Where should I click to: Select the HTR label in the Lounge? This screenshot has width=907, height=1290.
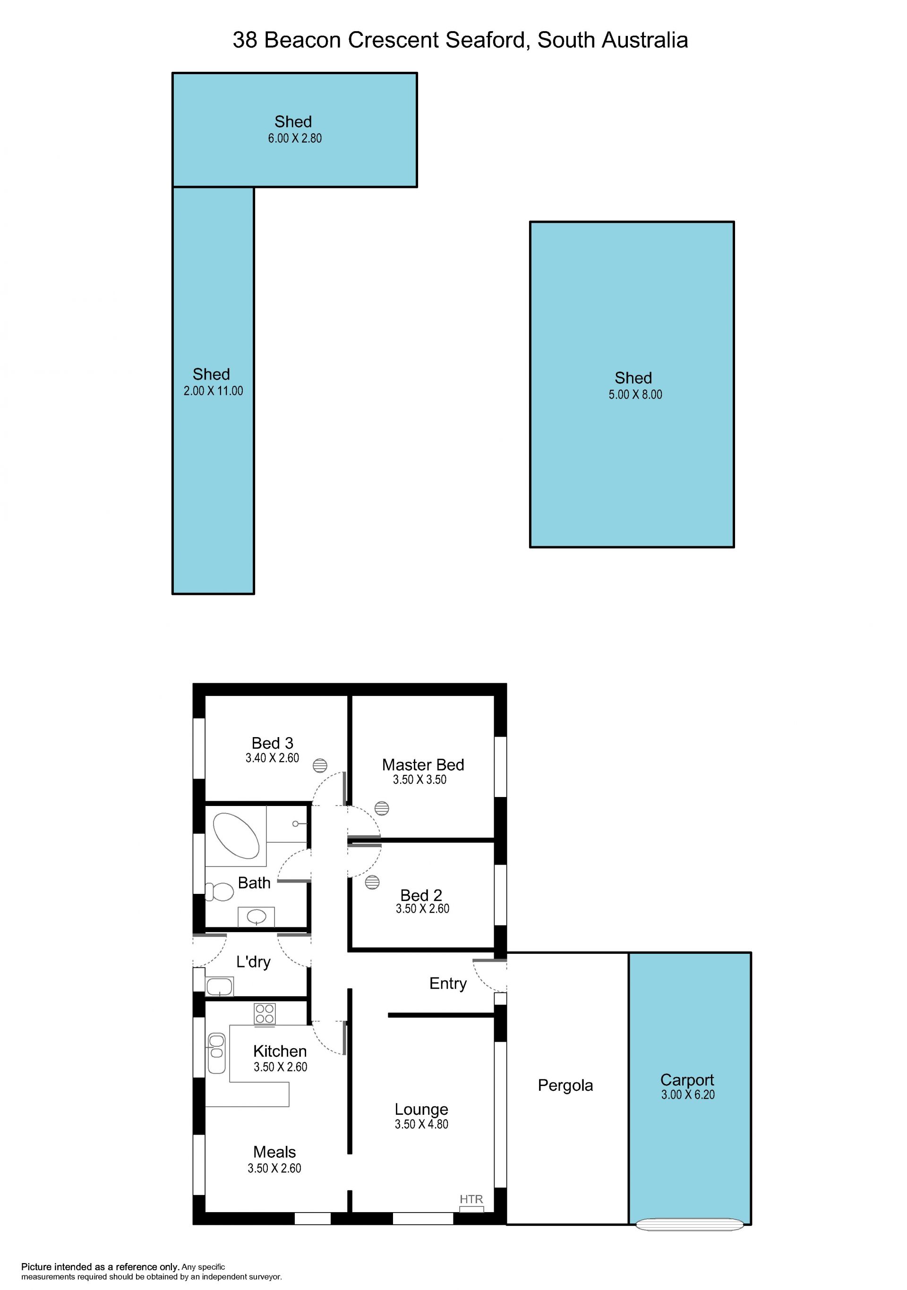pyautogui.click(x=471, y=1199)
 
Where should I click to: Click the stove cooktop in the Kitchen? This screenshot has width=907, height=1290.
pyautogui.click(x=265, y=1014)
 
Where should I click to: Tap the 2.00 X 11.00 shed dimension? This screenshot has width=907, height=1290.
pyautogui.click(x=213, y=391)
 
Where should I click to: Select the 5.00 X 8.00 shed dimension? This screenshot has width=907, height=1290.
pyautogui.click(x=635, y=395)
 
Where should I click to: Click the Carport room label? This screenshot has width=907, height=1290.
pyautogui.click(x=687, y=1080)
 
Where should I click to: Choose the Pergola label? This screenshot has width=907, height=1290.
pyautogui.click(x=565, y=1085)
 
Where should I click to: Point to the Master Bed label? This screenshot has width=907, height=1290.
pyautogui.click(x=423, y=764)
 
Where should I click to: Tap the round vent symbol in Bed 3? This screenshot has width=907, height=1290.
pyautogui.click(x=320, y=766)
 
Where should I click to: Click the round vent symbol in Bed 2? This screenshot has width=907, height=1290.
pyautogui.click(x=372, y=882)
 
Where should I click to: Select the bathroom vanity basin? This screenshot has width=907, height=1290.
pyautogui.click(x=256, y=917)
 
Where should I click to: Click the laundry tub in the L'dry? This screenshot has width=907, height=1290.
pyautogui.click(x=220, y=986)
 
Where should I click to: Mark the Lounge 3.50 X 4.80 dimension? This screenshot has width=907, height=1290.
pyautogui.click(x=421, y=1124)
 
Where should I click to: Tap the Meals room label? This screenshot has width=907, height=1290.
pyautogui.click(x=274, y=1152)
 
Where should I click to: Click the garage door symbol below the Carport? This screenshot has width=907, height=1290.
pyautogui.click(x=690, y=1224)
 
